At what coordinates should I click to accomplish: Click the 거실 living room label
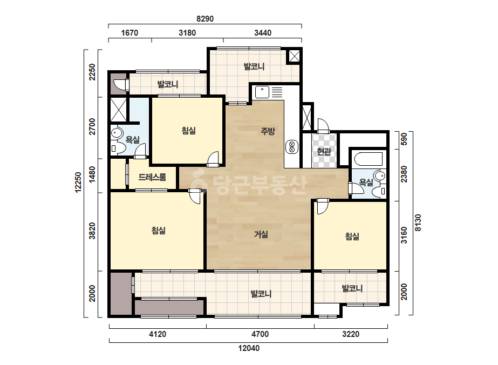pos(261,234)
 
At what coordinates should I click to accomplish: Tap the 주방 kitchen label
pos(268,131)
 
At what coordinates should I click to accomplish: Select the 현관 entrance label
pos(324,151)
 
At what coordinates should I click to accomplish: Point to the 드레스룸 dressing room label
pos(152,177)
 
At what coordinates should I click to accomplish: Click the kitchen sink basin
pos(262,92)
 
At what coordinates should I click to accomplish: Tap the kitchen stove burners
pos(292,146)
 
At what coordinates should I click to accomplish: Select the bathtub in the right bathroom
pos(369,159)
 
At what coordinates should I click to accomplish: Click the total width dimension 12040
pos(249,348)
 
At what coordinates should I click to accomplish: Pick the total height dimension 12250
pos(78,182)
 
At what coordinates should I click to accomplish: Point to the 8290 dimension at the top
pos(205,19)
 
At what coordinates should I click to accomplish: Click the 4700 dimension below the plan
pos(260,334)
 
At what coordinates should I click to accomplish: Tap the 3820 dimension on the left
pos(92,231)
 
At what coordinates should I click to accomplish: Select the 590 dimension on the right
pos(404,139)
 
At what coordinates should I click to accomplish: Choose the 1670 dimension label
pos(129,33)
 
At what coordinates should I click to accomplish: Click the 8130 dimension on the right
pos(418,222)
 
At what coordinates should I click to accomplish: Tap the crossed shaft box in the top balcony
pos(294,57)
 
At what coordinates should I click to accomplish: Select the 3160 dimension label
pos(404,235)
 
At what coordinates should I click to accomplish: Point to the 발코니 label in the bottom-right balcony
pos(352,288)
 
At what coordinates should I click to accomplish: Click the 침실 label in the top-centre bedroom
pos(189,130)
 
